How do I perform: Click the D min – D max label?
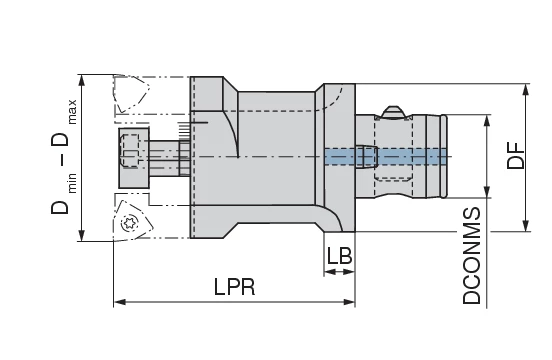[x=62, y=156]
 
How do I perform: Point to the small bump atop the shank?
[x=394, y=108]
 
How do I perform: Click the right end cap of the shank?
[x=442, y=156]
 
